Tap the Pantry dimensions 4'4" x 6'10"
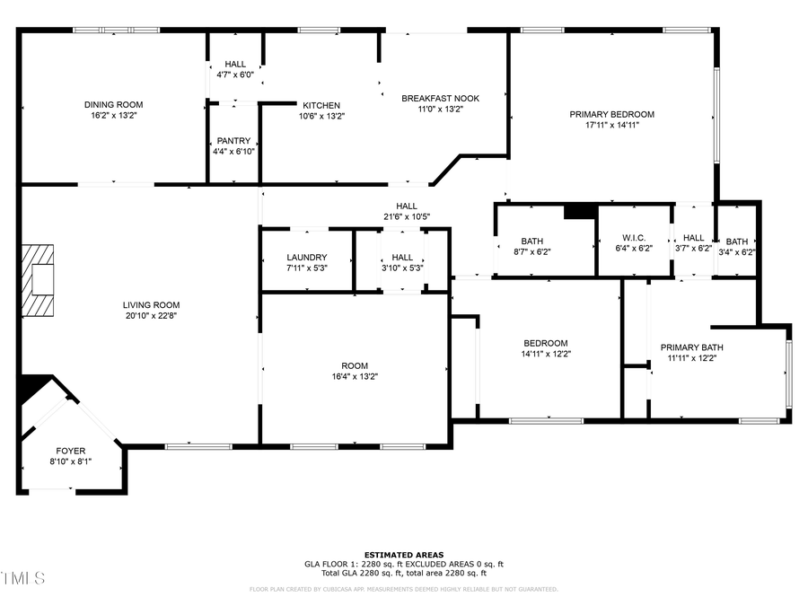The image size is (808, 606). (x=234, y=152)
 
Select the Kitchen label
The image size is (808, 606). (x=321, y=104)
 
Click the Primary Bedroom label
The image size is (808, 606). (x=611, y=114)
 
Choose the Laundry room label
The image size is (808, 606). (x=306, y=258)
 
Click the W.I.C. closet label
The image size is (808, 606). (x=634, y=237)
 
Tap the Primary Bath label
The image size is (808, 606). (x=691, y=347)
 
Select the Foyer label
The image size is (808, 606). (x=71, y=451)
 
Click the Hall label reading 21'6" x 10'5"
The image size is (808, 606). (x=407, y=206)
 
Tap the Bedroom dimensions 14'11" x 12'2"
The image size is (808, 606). (x=546, y=354)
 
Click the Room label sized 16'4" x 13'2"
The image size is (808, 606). (x=354, y=365)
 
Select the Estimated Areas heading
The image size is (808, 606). (x=403, y=554)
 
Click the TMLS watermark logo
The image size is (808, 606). (x=22, y=577)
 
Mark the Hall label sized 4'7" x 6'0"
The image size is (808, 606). (x=235, y=64)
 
